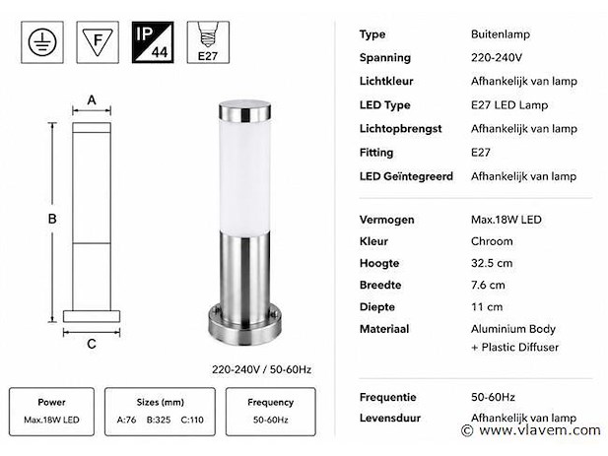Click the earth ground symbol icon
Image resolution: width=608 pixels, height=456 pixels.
pyautogui.click(x=42, y=42)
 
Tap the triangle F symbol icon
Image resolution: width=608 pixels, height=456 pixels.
pyautogui.click(x=98, y=42)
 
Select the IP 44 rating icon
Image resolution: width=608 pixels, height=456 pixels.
pyautogui.click(x=153, y=42)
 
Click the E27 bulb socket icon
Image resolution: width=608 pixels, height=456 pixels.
pyautogui.click(x=208, y=42)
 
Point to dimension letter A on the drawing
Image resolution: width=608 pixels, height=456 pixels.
pyautogui.click(x=92, y=100)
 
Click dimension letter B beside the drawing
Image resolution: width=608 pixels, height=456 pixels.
pyautogui.click(x=52, y=219)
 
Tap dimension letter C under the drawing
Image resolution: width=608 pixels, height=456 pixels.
pyautogui.click(x=92, y=344)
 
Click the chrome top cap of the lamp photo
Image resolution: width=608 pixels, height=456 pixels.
pyautogui.click(x=244, y=110)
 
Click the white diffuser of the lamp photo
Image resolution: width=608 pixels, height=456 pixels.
pyautogui.click(x=244, y=176)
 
